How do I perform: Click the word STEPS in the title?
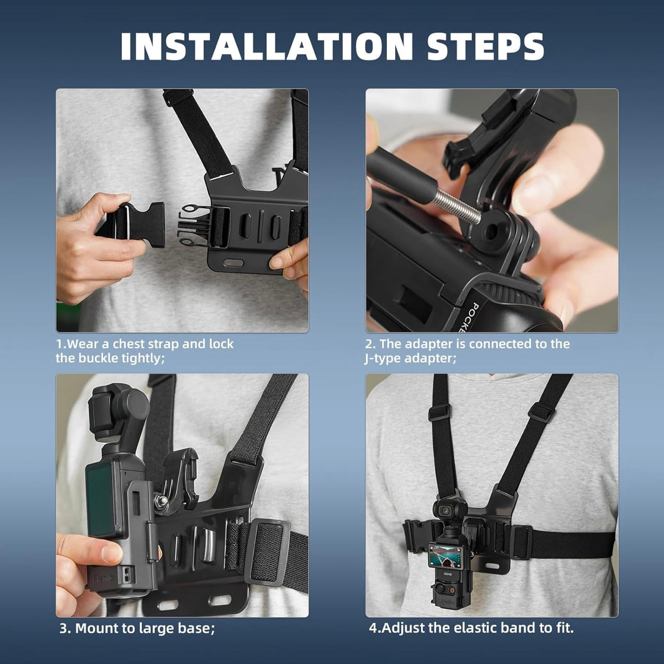tap(485, 46)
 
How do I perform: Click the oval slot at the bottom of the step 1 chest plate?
tap(233, 263)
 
